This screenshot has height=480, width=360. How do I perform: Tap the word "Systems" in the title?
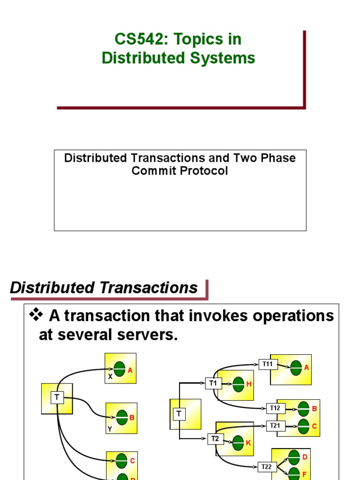pyautogui.click(x=226, y=58)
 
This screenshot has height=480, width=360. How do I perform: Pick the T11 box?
pyautogui.click(x=267, y=364)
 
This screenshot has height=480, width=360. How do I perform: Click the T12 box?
pyautogui.click(x=275, y=408)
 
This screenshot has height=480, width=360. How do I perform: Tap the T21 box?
pyautogui.click(x=275, y=426)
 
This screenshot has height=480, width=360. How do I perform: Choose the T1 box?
pyautogui.click(x=213, y=383)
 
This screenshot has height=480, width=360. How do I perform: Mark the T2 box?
pyautogui.click(x=215, y=439)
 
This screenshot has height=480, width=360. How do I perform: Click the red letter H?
pyautogui.click(x=249, y=384)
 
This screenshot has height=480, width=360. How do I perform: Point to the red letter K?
pyautogui.click(x=248, y=443)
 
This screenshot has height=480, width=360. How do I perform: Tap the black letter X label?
pyautogui.click(x=111, y=376)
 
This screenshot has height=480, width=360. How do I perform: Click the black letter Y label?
pyautogui.click(x=110, y=428)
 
